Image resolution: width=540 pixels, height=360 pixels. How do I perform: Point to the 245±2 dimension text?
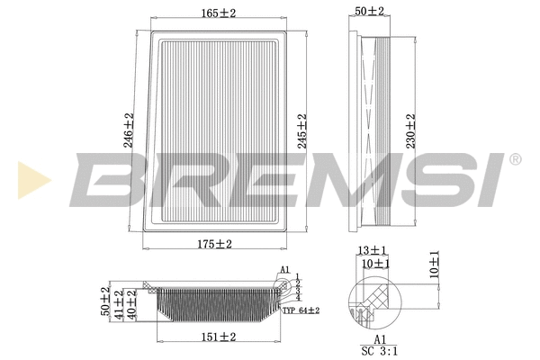(302, 132)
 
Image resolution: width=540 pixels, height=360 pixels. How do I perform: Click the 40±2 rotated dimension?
(133, 304)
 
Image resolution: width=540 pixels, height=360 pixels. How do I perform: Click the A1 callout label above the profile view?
(284, 270)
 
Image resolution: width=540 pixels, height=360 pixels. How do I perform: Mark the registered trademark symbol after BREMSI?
(514, 159)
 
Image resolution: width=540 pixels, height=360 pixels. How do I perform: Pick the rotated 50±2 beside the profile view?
(106, 303)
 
